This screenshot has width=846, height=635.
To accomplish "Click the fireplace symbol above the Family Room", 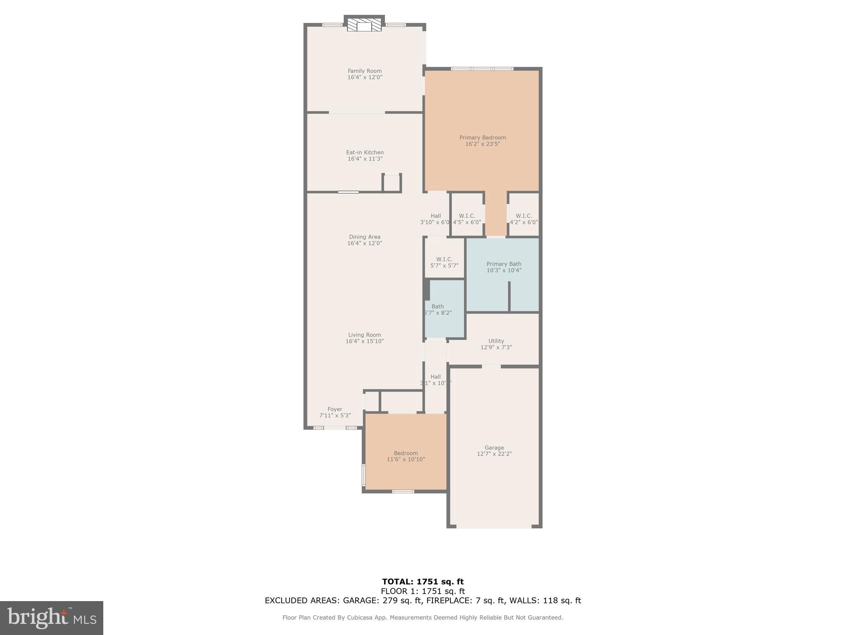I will tap(364, 25).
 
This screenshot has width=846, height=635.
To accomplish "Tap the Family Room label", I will tap(364, 71).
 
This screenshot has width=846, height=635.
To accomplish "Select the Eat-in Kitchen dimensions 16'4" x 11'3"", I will tap(364, 159).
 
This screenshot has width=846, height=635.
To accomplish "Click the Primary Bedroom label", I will tap(482, 138).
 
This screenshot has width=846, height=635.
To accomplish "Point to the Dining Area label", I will tap(364, 237).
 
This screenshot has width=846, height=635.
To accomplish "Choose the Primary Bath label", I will tap(504, 264).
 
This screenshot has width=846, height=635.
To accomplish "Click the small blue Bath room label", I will tap(437, 307).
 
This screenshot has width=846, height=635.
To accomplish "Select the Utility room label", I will tap(496, 341).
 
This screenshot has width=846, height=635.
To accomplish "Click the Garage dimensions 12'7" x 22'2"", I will tap(494, 454).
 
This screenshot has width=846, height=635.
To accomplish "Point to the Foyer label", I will tap(335, 409).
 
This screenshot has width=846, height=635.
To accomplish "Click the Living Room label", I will tap(364, 335).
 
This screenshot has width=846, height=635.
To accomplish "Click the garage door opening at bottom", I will tap(494, 526).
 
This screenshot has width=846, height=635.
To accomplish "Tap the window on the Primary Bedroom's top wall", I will tap(482, 69).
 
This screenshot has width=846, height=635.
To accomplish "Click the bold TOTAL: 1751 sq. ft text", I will tap(423, 582).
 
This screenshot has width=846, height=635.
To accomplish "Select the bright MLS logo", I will tap(52, 618).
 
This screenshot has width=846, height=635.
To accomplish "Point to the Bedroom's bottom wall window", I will tap(403, 492).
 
